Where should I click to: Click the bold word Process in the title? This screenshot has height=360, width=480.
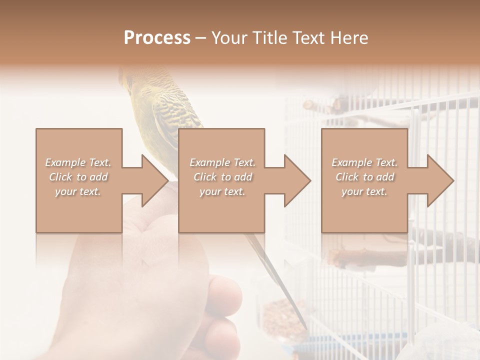pyautogui.click(x=157, y=38)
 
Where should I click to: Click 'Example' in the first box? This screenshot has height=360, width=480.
pyautogui.click(x=65, y=162)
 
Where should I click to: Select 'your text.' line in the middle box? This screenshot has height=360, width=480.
pyautogui.click(x=222, y=191)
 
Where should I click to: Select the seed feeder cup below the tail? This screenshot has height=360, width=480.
pyautogui.click(x=277, y=315)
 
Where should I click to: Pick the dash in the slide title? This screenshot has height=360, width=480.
pyautogui.click(x=201, y=38)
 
